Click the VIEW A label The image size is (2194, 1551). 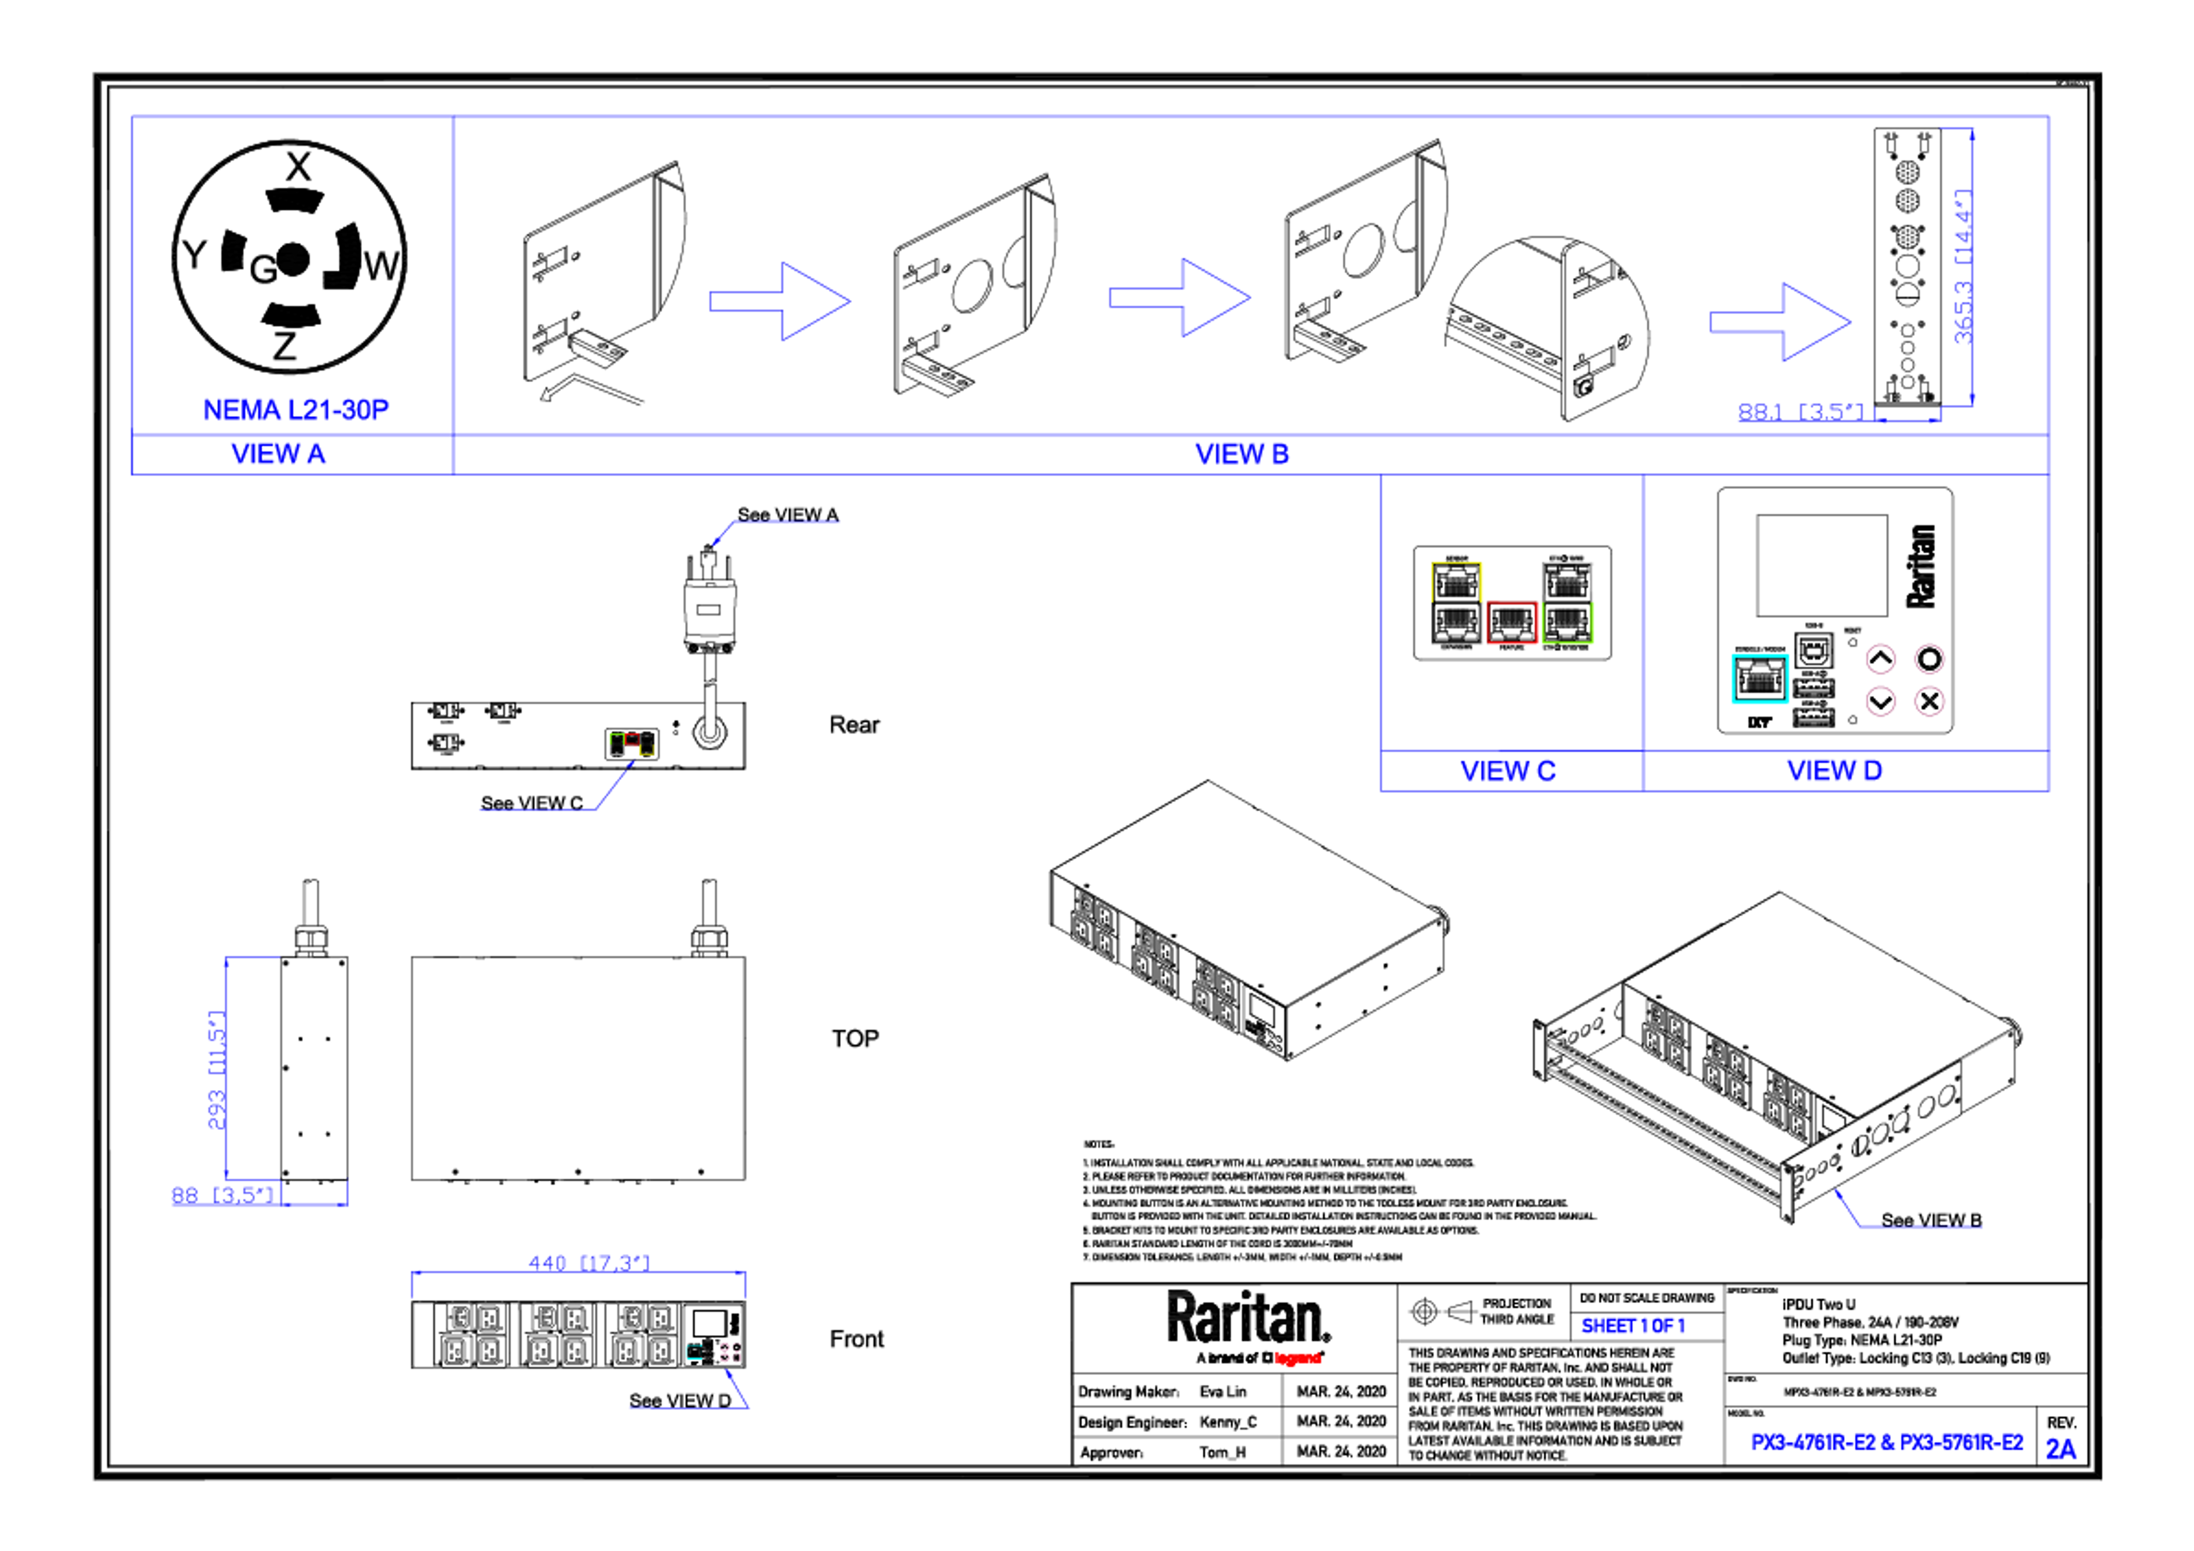(279, 454)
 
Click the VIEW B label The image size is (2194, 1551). (1242, 454)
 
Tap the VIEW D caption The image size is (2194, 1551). (1835, 770)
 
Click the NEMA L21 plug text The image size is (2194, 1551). (296, 409)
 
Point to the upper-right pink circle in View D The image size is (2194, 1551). (1929, 659)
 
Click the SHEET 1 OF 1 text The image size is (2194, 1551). (1632, 1326)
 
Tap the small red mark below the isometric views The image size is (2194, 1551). (1298, 1358)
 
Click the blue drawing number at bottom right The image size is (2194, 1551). (1886, 1442)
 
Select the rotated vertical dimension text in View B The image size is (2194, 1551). (1962, 267)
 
